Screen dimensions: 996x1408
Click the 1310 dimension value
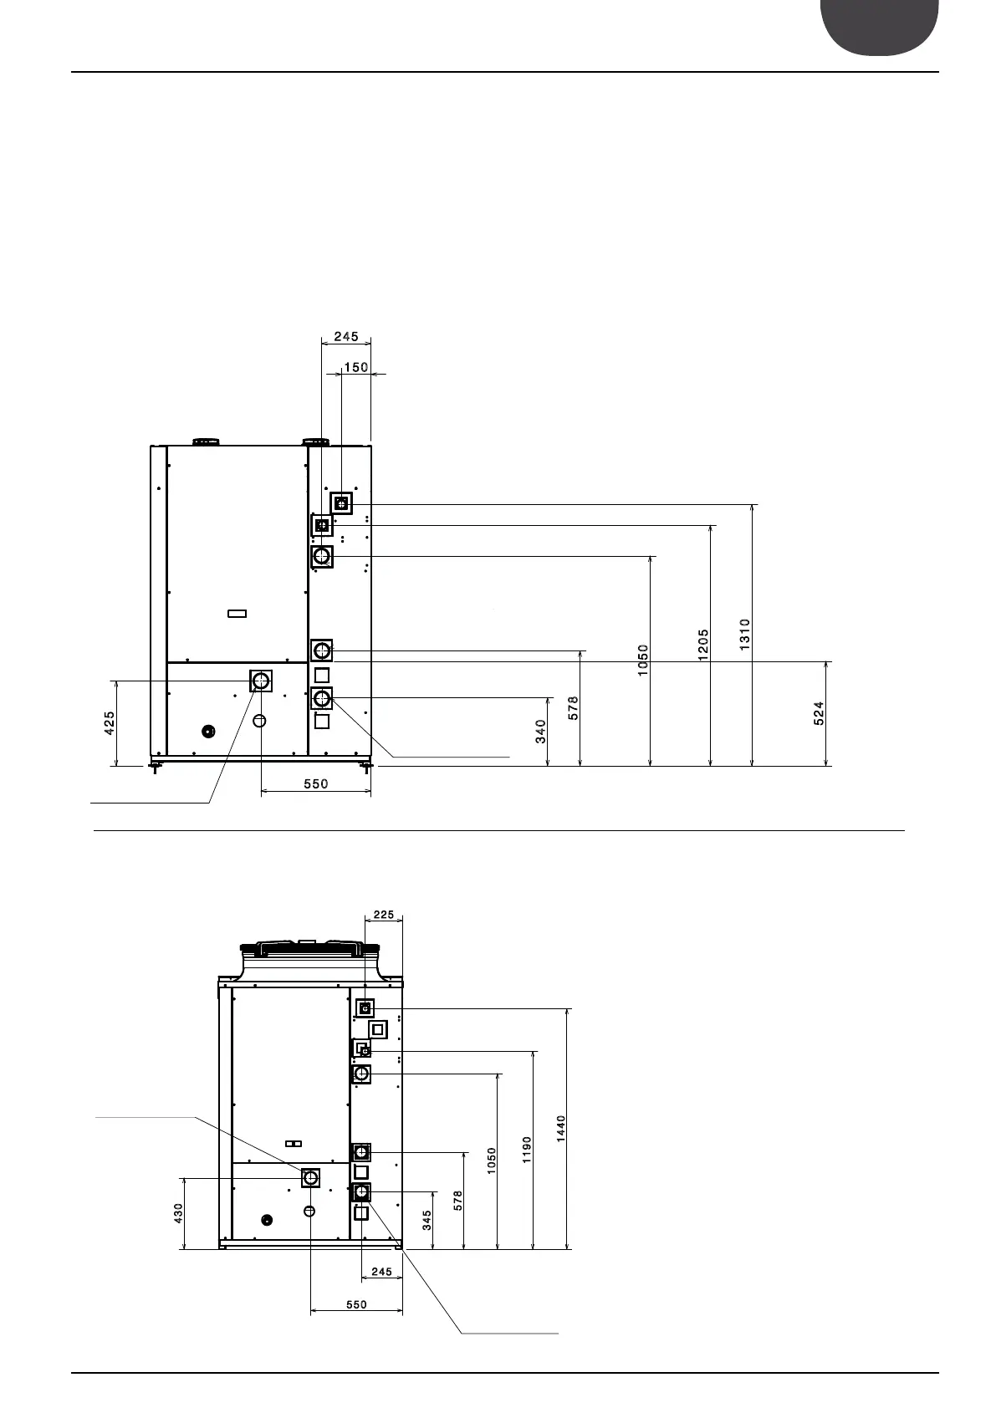coord(745,635)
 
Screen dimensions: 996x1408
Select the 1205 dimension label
coord(703,645)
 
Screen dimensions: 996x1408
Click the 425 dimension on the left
coord(110,722)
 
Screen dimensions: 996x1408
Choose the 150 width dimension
coord(355,367)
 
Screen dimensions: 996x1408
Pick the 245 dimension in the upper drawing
coord(346,337)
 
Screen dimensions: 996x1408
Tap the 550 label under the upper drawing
coord(316,784)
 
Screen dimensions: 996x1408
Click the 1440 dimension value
coord(561,1129)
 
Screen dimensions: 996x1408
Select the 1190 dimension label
coord(526,1149)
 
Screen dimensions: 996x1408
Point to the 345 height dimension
coord(426,1222)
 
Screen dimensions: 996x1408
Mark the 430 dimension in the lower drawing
coord(177,1214)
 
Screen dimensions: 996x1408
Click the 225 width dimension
coord(384,915)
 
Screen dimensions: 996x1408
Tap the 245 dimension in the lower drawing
coord(381,1272)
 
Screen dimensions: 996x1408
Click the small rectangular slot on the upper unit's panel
coord(238,614)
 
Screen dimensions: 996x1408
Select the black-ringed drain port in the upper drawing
coord(209,732)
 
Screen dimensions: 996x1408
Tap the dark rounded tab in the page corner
coord(879,25)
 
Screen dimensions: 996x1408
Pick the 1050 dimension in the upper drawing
coord(643,661)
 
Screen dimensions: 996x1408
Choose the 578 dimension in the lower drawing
coord(457,1200)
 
